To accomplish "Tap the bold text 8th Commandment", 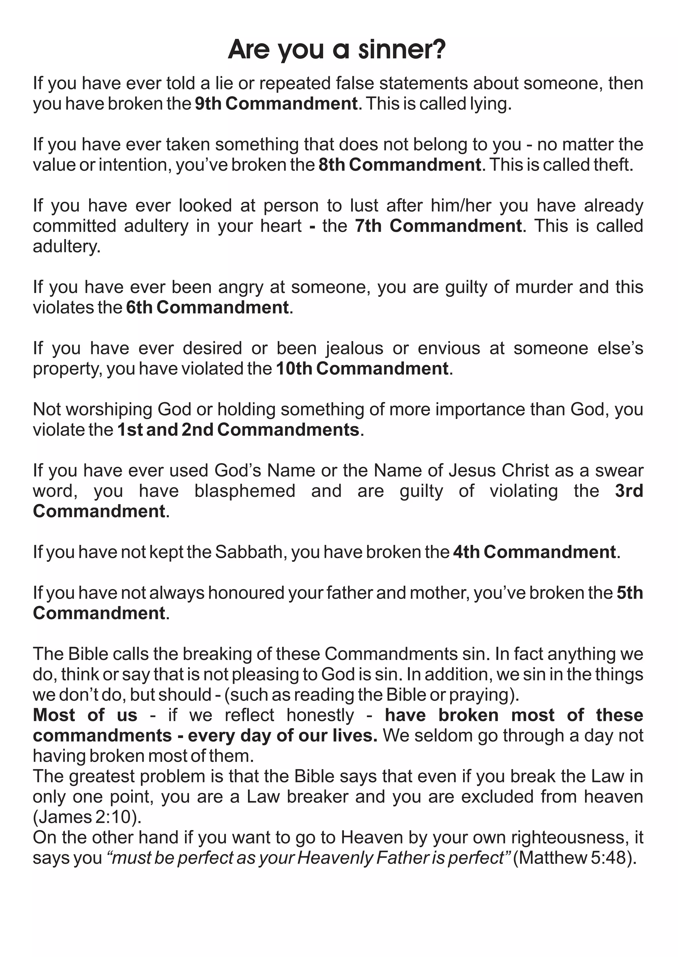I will pyautogui.click(x=400, y=165).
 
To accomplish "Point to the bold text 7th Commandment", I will pyautogui.click(x=438, y=226).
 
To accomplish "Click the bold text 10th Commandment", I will pyautogui.click(x=362, y=369).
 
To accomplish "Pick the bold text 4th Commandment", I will pyautogui.click(x=534, y=552).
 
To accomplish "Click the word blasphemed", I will pyautogui.click(x=245, y=491).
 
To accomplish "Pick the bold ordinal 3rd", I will pyautogui.click(x=629, y=491).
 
